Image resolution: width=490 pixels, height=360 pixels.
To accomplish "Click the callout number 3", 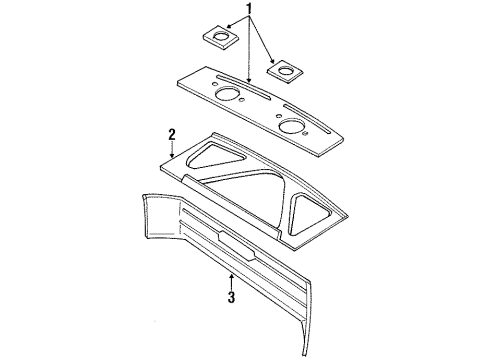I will point(232,297).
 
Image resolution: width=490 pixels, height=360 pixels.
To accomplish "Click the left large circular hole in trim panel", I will point(227,98).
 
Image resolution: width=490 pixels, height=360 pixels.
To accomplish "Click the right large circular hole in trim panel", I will point(292,127).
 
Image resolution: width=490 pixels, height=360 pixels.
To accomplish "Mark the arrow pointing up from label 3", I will point(232,272).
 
